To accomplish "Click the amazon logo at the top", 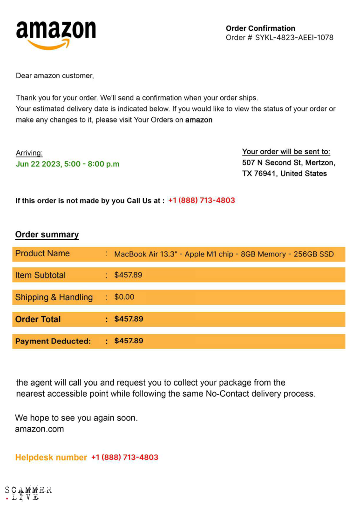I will click(56, 34).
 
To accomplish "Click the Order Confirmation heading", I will click(260, 28).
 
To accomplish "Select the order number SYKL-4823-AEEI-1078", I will click(294, 38).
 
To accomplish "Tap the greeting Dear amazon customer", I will click(54, 75).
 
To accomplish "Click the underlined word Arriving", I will click(29, 153).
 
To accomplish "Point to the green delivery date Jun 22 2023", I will click(38, 164).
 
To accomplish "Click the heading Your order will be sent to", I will click(286, 152).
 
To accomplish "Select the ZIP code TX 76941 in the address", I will click(261, 174).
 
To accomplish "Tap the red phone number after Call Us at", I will click(201, 201).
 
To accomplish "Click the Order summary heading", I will click(47, 235).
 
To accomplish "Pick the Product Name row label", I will click(42, 254).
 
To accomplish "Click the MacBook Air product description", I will click(224, 254).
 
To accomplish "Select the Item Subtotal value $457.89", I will click(128, 275).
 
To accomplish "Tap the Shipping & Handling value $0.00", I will click(124, 297).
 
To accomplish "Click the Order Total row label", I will click(38, 319).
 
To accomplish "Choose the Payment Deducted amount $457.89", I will click(129, 341).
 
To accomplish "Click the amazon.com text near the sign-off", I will click(39, 429).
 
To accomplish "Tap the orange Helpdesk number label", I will click(51, 458).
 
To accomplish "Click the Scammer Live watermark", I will click(28, 493).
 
